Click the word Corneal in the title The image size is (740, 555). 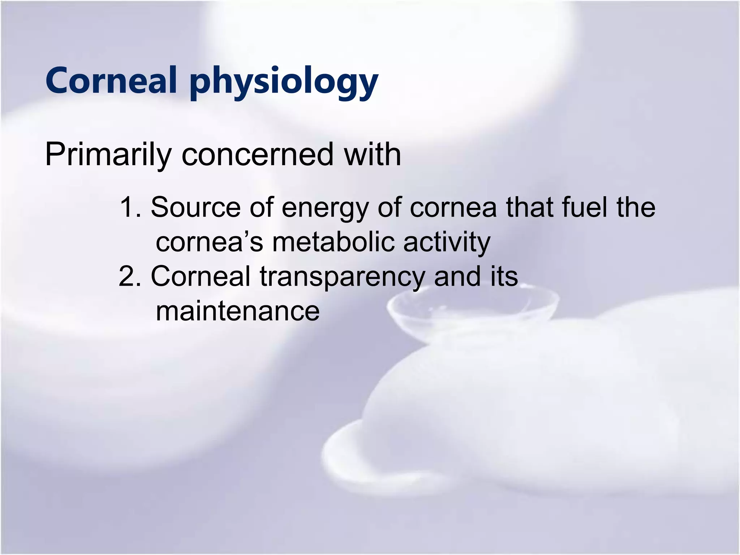(x=111, y=80)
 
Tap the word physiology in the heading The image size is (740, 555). (x=284, y=82)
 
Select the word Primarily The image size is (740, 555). (x=108, y=155)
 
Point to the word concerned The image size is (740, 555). (x=257, y=155)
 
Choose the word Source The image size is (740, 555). (x=195, y=207)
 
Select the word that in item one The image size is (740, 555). (x=529, y=207)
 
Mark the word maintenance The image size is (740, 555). (x=238, y=311)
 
